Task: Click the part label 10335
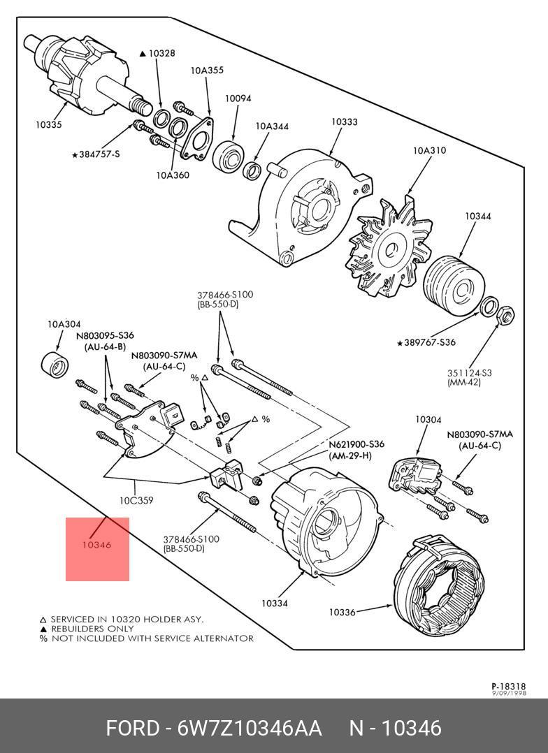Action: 49,125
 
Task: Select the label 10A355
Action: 208,71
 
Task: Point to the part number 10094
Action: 238,99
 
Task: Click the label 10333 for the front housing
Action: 344,122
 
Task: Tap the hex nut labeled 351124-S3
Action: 506,316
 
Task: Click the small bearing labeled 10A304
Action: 55,365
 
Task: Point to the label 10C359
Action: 136,500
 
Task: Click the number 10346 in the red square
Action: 96,545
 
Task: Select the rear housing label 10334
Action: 275,603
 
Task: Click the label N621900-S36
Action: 356,444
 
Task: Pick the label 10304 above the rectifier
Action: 428,420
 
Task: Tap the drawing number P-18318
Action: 508,687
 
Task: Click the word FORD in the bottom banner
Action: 133,728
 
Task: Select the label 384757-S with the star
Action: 96,154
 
